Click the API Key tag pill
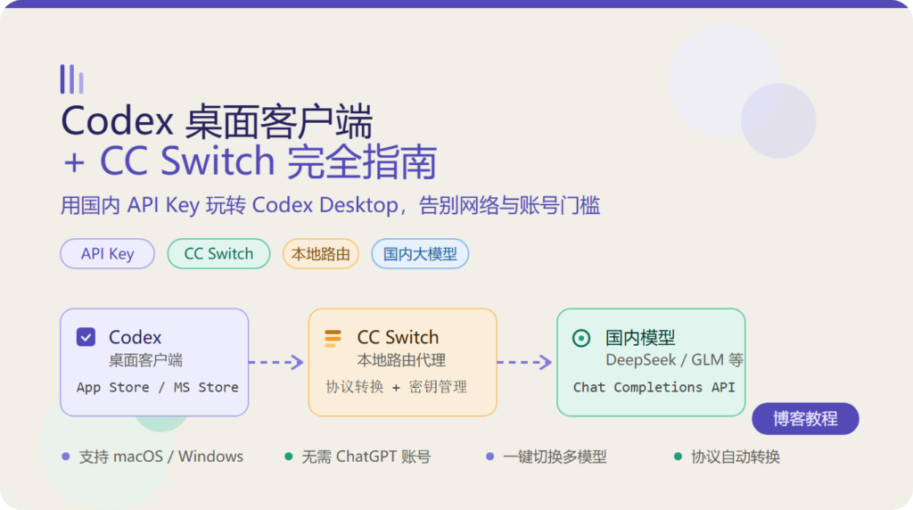(107, 254)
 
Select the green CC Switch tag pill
(219, 254)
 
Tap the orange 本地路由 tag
(321, 254)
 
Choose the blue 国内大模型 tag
(420, 254)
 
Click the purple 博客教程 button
(805, 418)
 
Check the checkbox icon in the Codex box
(86, 337)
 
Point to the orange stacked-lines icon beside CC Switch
(333, 338)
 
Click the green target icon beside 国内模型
(581, 338)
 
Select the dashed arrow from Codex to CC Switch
(276, 362)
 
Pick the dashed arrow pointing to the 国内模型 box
(524, 362)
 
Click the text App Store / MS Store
(157, 387)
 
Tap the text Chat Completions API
(654, 387)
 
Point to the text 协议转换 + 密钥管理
(397, 387)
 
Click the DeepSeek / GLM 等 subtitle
(674, 360)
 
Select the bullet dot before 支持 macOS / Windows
(66, 457)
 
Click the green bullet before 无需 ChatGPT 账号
(288, 457)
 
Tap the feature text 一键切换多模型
(555, 457)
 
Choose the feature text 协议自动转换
(736, 457)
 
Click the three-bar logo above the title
(71, 79)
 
